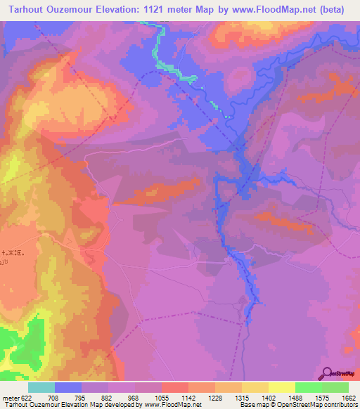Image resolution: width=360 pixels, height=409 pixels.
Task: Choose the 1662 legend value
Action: (x=347, y=397)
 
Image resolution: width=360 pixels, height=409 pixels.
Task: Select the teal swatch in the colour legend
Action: (x=41, y=387)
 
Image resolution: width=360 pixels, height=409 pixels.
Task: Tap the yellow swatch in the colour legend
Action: (x=281, y=387)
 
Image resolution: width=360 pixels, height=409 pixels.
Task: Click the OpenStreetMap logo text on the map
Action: (x=342, y=374)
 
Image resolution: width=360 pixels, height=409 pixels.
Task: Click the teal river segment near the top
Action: (x=172, y=69)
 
